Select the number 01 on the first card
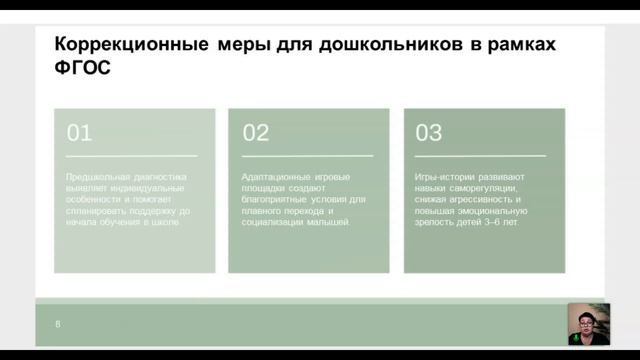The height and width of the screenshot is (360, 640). point(79,133)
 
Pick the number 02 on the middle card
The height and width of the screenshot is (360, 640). point(256,133)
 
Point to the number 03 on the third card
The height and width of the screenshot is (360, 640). point(428,133)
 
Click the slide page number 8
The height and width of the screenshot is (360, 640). point(58,325)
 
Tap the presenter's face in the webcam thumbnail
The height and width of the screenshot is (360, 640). point(585,322)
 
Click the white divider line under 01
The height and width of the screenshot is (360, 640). point(131,156)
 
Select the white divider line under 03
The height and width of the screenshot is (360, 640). point(480,156)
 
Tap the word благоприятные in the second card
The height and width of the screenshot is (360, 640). point(276,199)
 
